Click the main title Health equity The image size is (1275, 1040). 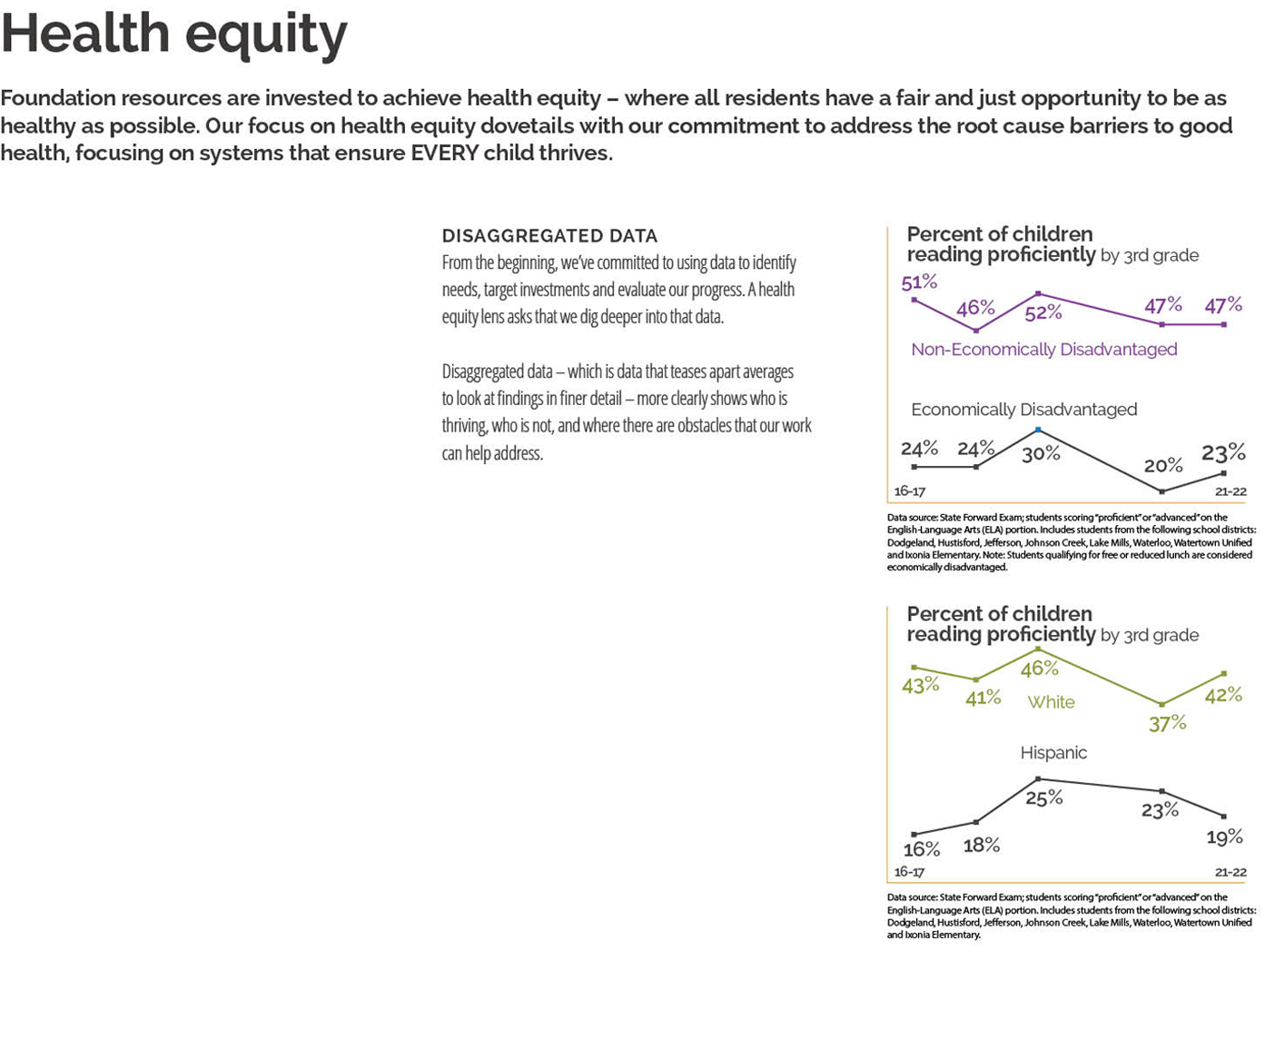point(173,35)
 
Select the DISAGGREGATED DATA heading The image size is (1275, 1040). point(549,236)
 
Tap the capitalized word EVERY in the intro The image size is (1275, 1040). point(444,153)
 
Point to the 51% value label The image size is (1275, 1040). point(919,282)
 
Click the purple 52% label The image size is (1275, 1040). point(1043,312)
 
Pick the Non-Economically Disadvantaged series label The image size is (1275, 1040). point(1043,350)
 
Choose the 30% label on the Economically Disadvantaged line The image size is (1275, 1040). point(1041,453)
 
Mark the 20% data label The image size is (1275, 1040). point(1163,466)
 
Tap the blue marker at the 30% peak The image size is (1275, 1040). point(1038,430)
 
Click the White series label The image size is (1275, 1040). point(1051,702)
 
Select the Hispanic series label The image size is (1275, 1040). point(1053,753)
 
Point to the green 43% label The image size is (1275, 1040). point(921,685)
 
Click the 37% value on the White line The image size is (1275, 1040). point(1167,723)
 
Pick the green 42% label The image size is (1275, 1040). point(1223,695)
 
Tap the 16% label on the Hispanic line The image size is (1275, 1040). point(922,849)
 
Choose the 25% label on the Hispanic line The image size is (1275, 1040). point(1043,797)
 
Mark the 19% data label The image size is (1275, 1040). point(1224,837)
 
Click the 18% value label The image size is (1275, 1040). point(982,846)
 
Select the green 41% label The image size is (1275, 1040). point(983,698)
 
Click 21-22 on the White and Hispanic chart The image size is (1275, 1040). point(1231,872)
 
